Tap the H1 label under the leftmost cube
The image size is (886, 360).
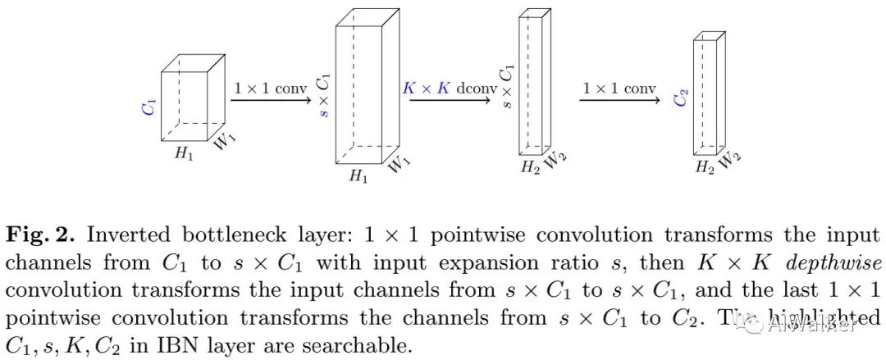183,153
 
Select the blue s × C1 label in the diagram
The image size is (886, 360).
325,96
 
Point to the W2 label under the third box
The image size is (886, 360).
556,162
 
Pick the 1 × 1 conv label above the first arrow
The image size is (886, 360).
270,88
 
